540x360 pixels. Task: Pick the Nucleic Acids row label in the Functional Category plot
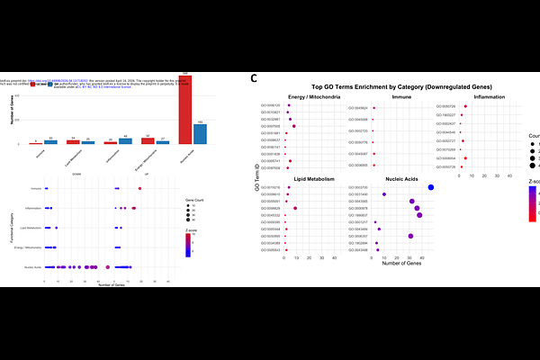(33, 266)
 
